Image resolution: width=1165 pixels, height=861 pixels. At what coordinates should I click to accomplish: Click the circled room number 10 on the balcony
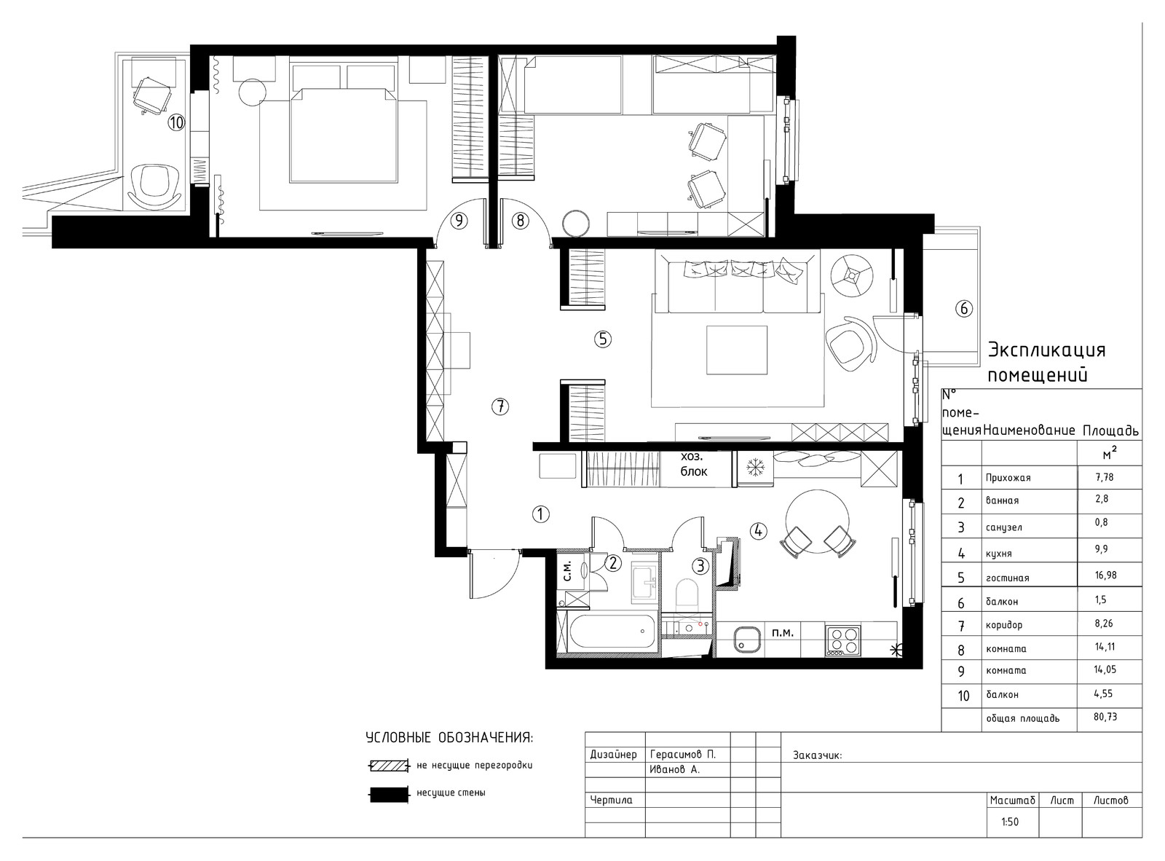[x=176, y=122]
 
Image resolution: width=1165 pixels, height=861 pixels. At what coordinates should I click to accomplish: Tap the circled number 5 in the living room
[x=602, y=339]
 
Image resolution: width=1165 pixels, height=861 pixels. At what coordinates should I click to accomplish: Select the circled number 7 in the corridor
[x=500, y=406]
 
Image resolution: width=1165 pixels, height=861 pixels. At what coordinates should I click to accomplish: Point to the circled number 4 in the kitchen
[x=758, y=531]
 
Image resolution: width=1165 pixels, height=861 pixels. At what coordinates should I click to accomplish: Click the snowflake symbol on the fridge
[x=755, y=466]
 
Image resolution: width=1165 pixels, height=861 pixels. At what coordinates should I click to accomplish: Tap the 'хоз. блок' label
[x=693, y=463]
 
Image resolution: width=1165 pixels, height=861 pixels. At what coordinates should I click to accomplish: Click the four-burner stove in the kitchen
[x=842, y=640]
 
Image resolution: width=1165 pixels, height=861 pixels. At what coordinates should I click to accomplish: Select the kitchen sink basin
[x=747, y=639]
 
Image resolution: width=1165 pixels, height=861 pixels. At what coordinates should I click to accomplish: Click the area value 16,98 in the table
[x=1105, y=575]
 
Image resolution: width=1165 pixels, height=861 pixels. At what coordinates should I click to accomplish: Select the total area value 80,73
[x=1105, y=717]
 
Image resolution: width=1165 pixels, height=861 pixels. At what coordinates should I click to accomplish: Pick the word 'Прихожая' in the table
[x=1008, y=478]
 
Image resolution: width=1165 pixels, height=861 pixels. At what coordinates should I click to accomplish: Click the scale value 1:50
[x=1010, y=822]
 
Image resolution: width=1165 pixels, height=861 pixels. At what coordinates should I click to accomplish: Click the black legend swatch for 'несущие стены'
[x=390, y=794]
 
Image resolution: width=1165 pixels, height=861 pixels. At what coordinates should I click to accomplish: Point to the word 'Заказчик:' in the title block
[x=817, y=755]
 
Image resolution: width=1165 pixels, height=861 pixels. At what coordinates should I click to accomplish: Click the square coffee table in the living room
[x=736, y=350]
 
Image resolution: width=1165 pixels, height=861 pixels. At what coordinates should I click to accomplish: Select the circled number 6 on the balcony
[x=964, y=308]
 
